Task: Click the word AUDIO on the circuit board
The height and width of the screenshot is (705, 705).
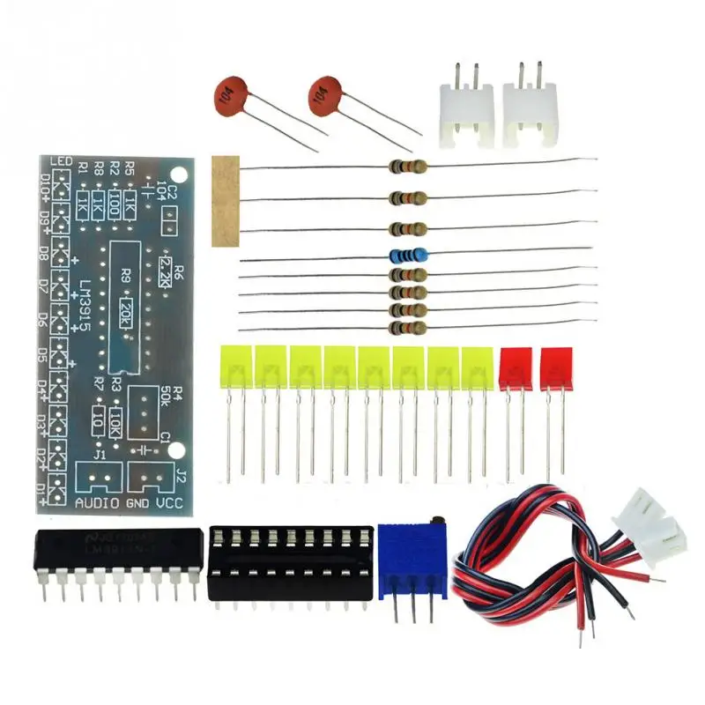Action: pyautogui.click(x=95, y=503)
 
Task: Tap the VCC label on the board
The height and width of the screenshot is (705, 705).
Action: pyautogui.click(x=167, y=503)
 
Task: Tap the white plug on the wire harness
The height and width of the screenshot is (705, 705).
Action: pyautogui.click(x=656, y=522)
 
